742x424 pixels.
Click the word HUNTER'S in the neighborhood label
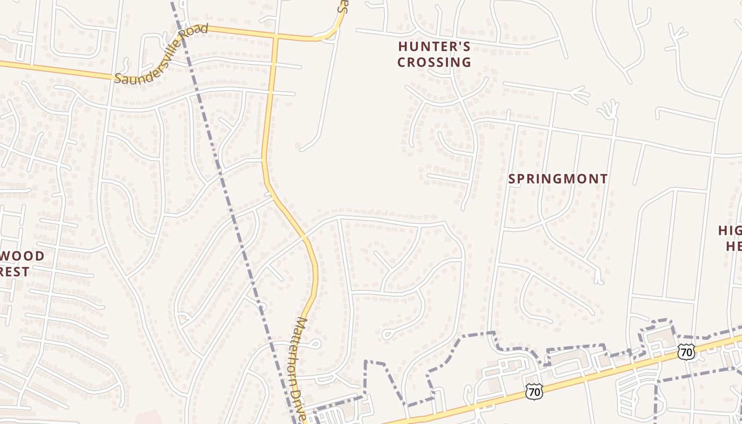434,47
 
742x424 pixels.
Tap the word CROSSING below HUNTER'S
434,63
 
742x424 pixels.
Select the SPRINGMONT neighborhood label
558,179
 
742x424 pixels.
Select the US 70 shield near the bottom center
534,392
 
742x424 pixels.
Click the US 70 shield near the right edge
686,351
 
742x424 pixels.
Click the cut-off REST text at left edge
14,272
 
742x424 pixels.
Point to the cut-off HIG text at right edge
730,231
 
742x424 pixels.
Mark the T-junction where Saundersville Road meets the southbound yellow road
276,38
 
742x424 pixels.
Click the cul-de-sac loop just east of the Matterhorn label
316,343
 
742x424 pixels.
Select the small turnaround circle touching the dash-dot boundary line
261,306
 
